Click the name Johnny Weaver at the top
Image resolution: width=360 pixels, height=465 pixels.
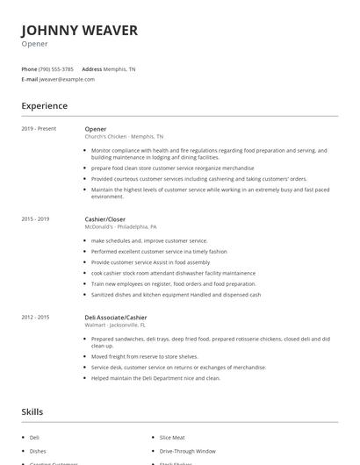(x=79, y=31)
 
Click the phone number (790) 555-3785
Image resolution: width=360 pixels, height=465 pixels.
(x=56, y=69)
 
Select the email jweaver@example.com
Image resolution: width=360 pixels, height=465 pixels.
(x=67, y=79)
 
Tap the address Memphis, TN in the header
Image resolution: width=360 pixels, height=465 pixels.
(x=119, y=69)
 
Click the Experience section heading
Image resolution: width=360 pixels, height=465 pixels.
(x=44, y=106)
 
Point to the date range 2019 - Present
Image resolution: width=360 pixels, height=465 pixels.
(x=39, y=129)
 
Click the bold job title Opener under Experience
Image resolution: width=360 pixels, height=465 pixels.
(x=95, y=129)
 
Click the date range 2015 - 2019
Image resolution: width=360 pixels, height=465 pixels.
(x=35, y=218)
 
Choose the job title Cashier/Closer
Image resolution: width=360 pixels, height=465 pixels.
(x=104, y=218)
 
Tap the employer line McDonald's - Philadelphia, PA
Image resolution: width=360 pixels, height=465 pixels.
(x=120, y=226)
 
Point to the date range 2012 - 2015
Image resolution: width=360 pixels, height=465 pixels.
(x=35, y=317)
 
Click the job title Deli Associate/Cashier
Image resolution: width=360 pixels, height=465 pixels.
(x=115, y=317)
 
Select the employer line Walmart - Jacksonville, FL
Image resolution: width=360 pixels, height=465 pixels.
(x=119, y=325)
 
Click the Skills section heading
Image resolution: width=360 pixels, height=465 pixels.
(x=32, y=411)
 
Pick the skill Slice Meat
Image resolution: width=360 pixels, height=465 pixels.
(x=172, y=437)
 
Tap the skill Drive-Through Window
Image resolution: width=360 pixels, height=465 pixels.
(x=187, y=451)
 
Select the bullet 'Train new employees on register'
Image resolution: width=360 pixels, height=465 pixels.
(x=174, y=284)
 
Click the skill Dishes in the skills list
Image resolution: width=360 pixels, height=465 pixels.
(x=39, y=451)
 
